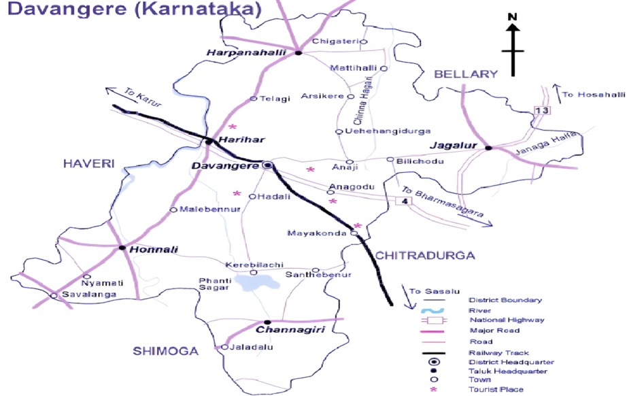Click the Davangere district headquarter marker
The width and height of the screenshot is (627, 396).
click(x=267, y=165)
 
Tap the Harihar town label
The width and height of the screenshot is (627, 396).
click(x=241, y=139)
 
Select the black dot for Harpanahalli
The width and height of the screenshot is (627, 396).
click(x=298, y=52)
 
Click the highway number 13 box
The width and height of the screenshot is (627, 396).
click(x=542, y=110)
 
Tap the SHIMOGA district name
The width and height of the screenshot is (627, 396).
click(x=165, y=351)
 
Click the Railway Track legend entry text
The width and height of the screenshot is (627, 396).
click(x=499, y=352)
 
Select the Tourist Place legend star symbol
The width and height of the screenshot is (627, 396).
click(x=432, y=389)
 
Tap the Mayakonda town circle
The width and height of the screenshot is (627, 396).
click(x=354, y=233)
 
